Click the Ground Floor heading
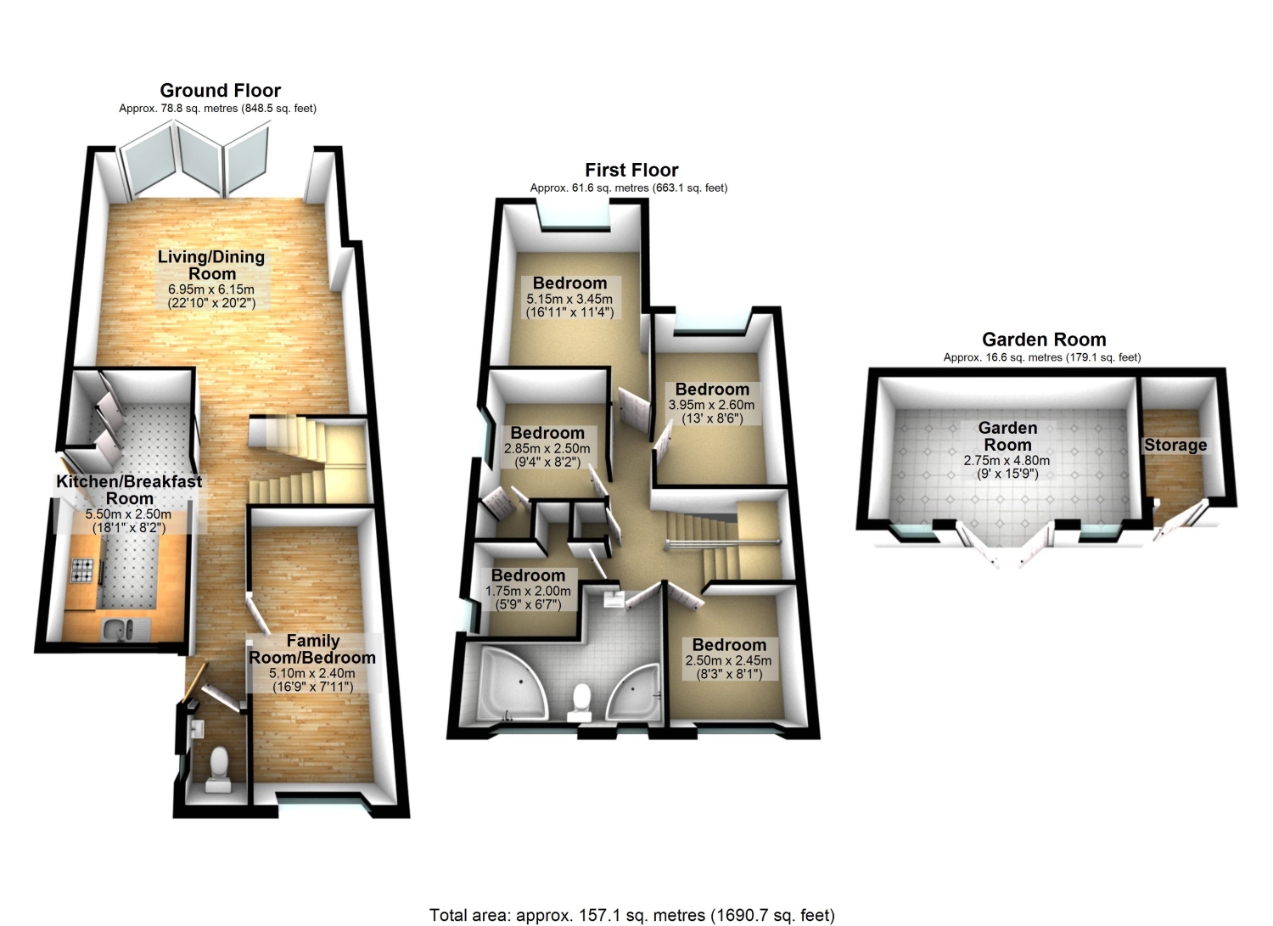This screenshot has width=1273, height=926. (221, 90)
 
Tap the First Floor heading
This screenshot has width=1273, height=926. (631, 170)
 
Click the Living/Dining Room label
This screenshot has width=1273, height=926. (211, 265)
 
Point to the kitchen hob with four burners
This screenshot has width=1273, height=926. (81, 570)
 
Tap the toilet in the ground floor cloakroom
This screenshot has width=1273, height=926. (219, 769)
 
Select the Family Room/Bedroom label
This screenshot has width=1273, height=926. (312, 649)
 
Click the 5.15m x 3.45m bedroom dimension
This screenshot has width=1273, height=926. (569, 299)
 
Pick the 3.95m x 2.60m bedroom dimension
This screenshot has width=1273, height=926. (711, 405)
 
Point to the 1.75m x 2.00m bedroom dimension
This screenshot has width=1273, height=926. (528, 591)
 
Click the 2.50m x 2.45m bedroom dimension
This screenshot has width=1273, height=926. (728, 660)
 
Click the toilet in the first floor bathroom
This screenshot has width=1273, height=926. (580, 703)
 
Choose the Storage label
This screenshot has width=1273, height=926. (1175, 445)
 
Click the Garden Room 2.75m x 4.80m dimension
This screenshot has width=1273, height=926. (1007, 460)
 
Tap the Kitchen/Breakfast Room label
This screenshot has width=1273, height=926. (130, 490)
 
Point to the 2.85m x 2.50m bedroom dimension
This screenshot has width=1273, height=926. (547, 448)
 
